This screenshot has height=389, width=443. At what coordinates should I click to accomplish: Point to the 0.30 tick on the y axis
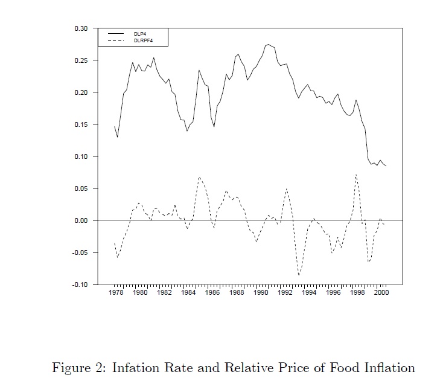click(x=81, y=29)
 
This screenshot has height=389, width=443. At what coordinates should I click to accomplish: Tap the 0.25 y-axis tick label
click(x=81, y=61)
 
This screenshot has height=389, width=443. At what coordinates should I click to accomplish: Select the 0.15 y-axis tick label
click(x=81, y=124)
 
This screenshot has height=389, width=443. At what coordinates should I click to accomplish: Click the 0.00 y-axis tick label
click(x=81, y=220)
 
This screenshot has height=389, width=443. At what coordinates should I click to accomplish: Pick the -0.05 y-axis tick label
click(x=80, y=252)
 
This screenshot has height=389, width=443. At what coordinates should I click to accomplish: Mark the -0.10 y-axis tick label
click(x=80, y=285)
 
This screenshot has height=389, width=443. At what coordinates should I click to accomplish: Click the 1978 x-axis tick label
click(x=115, y=293)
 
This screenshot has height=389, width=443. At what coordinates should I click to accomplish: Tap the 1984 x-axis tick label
click(x=188, y=293)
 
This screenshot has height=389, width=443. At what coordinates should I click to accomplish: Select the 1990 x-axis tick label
click(x=260, y=293)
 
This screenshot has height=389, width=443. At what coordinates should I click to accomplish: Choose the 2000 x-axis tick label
click(x=381, y=293)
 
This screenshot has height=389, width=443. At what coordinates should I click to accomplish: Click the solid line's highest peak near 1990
click(x=268, y=44)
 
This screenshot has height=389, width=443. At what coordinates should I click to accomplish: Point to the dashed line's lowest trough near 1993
click(x=299, y=275)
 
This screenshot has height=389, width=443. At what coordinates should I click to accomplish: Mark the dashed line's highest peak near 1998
click(x=356, y=175)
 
